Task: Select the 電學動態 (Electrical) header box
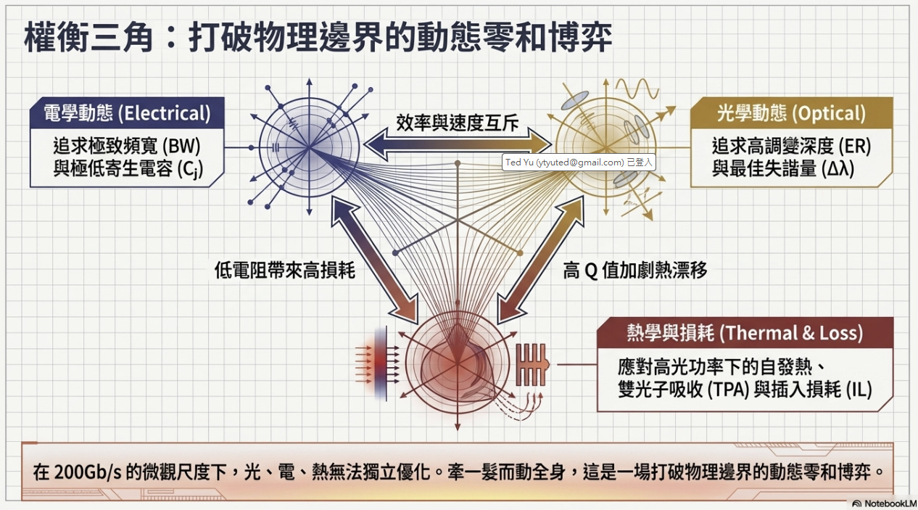tap(128, 113)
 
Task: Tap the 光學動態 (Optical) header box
tap(791, 113)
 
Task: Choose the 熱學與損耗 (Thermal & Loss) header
tap(744, 333)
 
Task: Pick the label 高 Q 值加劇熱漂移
tap(634, 271)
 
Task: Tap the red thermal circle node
tap(457, 361)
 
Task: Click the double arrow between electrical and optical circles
tap(457, 144)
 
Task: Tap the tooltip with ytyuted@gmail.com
tap(578, 163)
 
